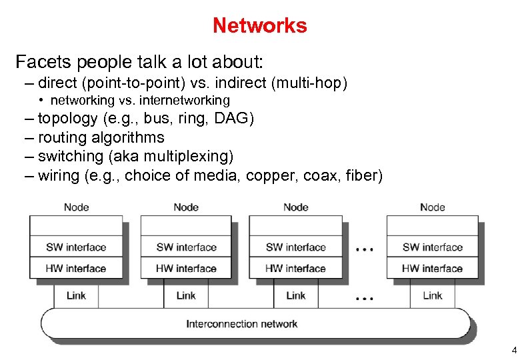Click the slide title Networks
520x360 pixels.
coord(259,25)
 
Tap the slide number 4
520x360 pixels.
coord(513,350)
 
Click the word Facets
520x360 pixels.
coord(44,63)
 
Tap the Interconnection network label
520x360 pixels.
coord(241,324)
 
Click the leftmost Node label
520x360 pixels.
coord(76,207)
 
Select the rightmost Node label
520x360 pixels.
coord(432,207)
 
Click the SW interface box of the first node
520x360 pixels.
coord(76,247)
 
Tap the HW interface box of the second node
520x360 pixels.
coord(186,269)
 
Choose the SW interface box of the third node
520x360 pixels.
coord(295,247)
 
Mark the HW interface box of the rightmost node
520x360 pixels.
coord(432,269)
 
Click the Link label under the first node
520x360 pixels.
coord(76,295)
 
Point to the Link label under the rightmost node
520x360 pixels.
coord(432,295)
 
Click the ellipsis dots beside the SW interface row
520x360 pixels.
coord(364,250)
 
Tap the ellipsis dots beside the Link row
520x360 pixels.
coord(364,298)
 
